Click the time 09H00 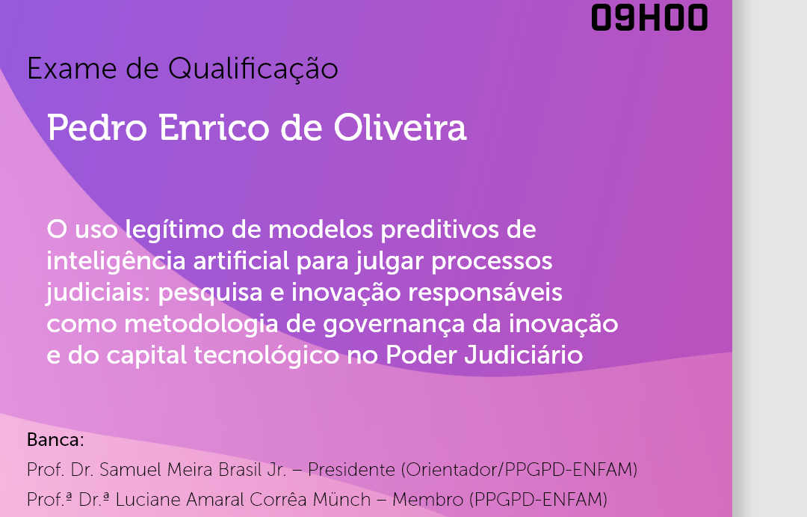649,17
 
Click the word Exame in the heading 72,69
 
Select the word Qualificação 253,70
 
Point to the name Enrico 214,127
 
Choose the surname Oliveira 400,127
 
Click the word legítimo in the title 174,230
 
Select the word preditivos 439,230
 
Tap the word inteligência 116,261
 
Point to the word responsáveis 485,293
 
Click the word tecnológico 266,356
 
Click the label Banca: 55,440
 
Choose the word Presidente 351,470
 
